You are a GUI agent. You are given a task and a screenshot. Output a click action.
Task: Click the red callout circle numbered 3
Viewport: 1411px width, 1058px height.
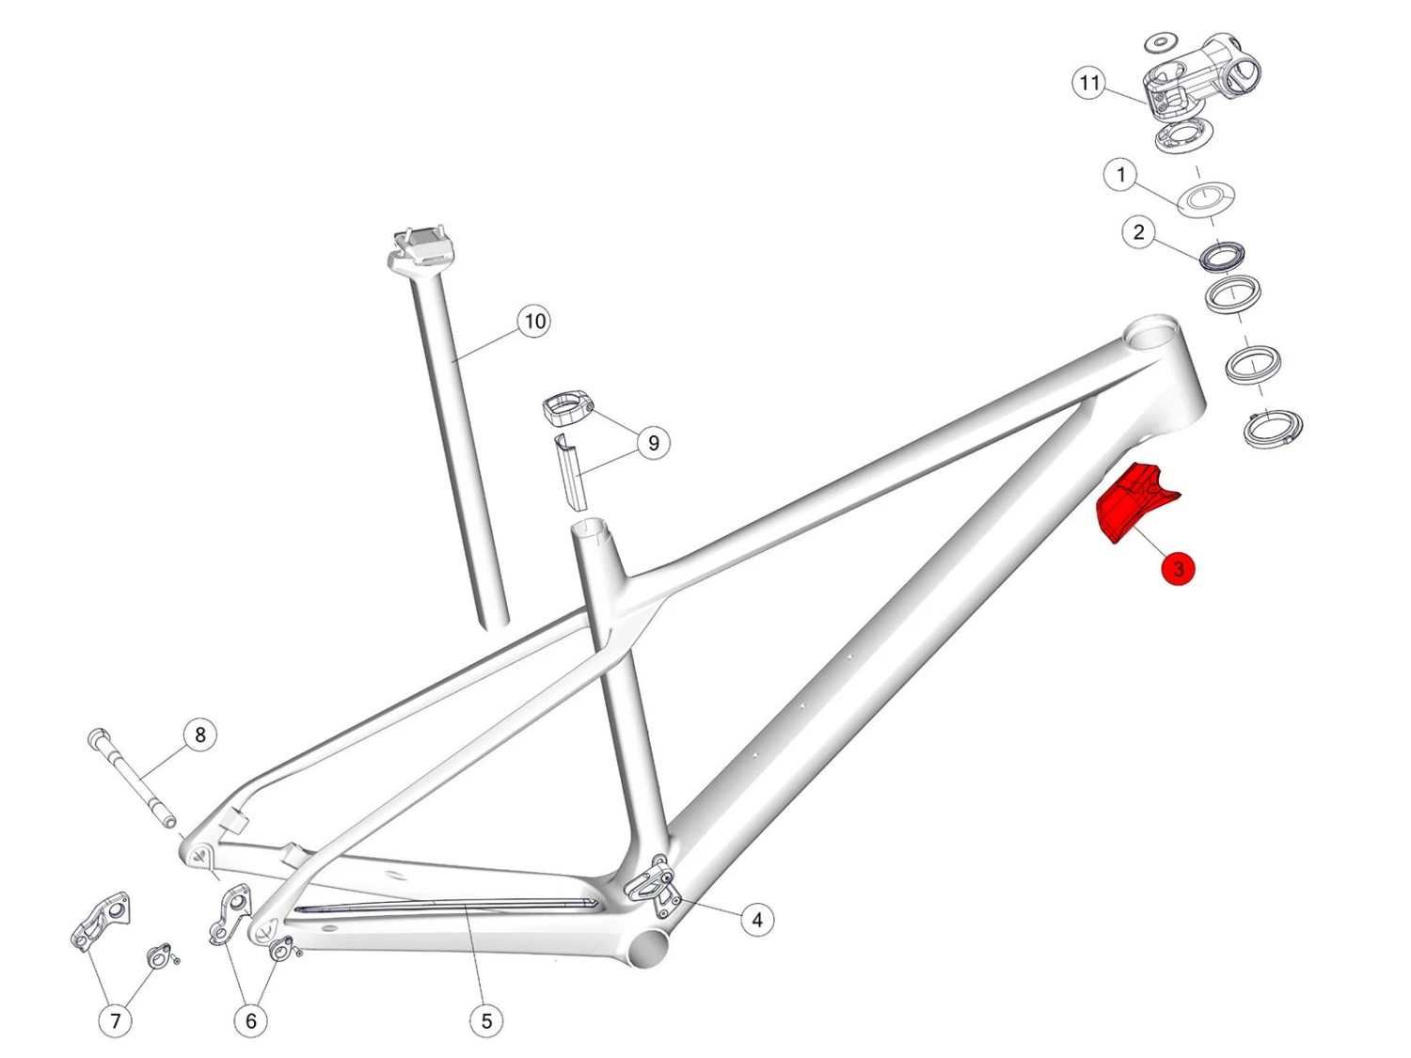(1178, 569)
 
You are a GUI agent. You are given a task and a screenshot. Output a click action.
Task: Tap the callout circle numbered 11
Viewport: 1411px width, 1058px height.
(1089, 83)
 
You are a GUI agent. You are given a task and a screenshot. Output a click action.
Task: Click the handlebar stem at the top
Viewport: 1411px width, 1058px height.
(1201, 81)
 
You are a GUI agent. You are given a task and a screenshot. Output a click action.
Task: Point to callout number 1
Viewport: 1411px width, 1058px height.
(1121, 175)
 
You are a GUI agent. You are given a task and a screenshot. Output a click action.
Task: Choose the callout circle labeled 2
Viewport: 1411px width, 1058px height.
(1138, 232)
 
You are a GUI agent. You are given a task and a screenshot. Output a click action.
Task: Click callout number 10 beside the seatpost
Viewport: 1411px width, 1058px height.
(535, 322)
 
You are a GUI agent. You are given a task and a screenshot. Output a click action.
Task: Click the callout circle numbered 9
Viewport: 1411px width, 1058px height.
(653, 443)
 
